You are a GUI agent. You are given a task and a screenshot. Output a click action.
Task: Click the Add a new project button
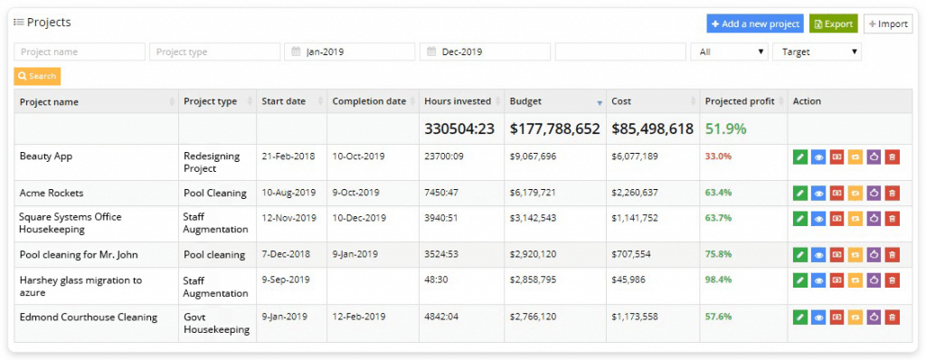pyautogui.click(x=755, y=24)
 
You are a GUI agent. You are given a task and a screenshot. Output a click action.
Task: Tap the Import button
pyautogui.click(x=887, y=24)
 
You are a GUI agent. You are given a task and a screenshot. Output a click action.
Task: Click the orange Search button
pyautogui.click(x=37, y=77)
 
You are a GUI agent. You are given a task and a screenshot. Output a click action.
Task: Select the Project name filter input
pyautogui.click(x=80, y=52)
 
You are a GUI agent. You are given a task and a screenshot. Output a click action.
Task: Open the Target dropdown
pyautogui.click(x=817, y=52)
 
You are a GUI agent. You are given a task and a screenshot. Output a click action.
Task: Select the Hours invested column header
pyautogui.click(x=457, y=101)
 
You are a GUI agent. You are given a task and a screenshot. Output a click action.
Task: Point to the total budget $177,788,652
pyautogui.click(x=554, y=128)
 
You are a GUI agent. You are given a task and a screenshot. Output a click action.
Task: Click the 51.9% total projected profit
pyautogui.click(x=725, y=128)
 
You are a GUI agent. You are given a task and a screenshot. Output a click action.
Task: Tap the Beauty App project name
pyautogui.click(x=46, y=156)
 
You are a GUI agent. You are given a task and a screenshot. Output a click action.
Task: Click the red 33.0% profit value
pyautogui.click(x=718, y=156)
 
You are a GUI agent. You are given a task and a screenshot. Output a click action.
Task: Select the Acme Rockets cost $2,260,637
pyautogui.click(x=635, y=193)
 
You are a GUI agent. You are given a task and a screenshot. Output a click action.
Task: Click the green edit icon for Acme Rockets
pyautogui.click(x=800, y=194)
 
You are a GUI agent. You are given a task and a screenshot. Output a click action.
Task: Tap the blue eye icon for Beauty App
pyautogui.click(x=818, y=156)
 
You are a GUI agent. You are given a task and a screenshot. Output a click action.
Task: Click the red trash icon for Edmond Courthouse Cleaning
pyautogui.click(x=892, y=317)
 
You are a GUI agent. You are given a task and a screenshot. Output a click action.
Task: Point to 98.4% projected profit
pyautogui.click(x=718, y=280)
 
